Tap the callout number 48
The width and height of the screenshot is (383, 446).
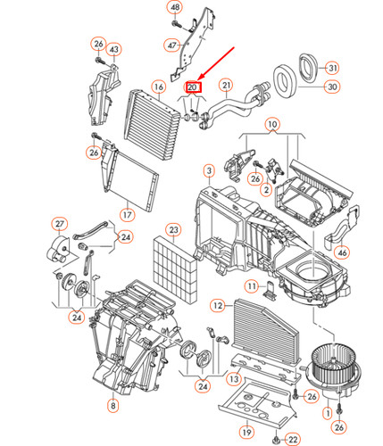click(x=175, y=8)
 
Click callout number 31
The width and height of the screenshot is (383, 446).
click(x=331, y=68)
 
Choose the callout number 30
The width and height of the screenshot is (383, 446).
click(x=331, y=87)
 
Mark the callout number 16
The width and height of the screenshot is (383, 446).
click(x=157, y=87)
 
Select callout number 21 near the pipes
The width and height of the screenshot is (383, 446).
click(x=227, y=87)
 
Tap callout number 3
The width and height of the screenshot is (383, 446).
click(x=208, y=170)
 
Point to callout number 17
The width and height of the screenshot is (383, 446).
click(x=127, y=214)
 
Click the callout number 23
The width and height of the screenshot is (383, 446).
click(x=174, y=229)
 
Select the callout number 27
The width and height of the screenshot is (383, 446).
click(x=60, y=223)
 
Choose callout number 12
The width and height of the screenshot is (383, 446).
click(x=217, y=305)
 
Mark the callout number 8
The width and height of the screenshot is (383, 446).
click(x=112, y=407)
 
